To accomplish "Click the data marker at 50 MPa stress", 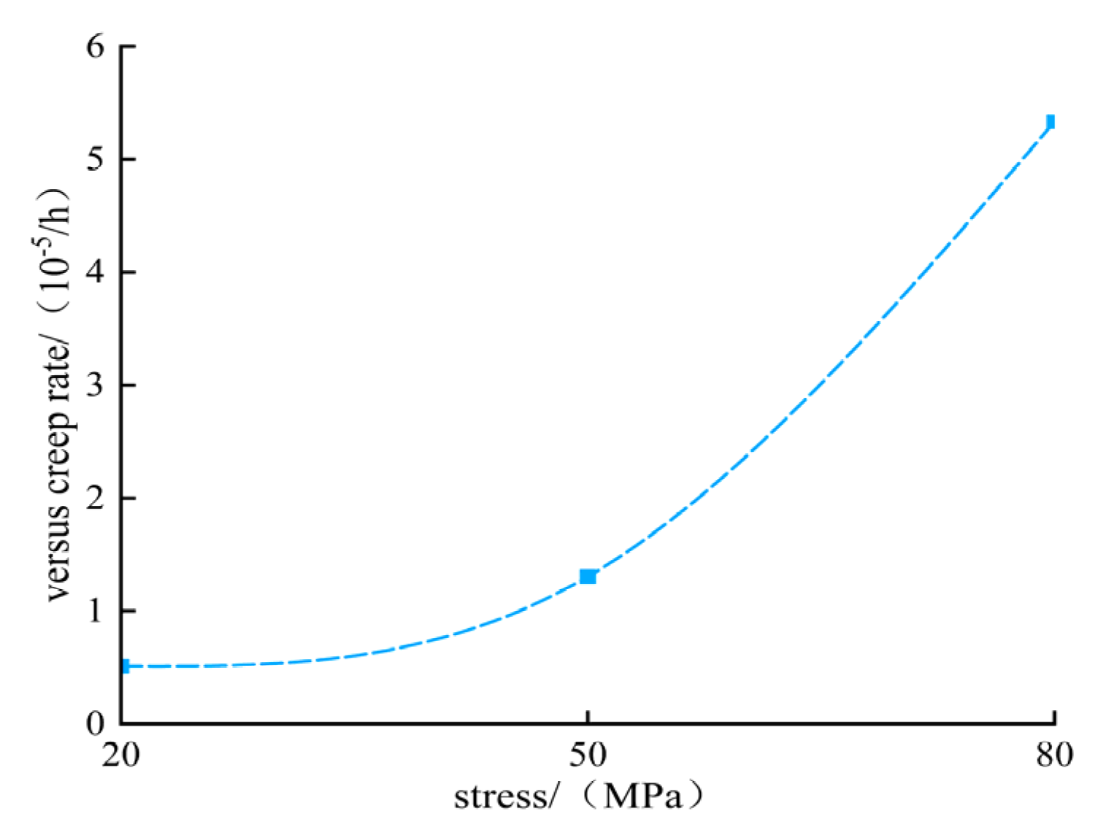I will (588, 577).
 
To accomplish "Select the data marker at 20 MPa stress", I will (125, 666).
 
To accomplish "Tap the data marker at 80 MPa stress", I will (1051, 121).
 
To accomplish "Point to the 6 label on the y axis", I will (96, 46).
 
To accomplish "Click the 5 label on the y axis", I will (96, 158).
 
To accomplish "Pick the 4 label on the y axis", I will (96, 272).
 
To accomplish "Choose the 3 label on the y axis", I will (96, 385).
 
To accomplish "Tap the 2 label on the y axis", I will (96, 498).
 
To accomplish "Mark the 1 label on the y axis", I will (96, 610).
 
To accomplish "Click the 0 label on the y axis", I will (96, 723).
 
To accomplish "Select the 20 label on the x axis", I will (120, 755).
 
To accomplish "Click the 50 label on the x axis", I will (588, 755).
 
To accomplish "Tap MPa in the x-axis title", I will (642, 796).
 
